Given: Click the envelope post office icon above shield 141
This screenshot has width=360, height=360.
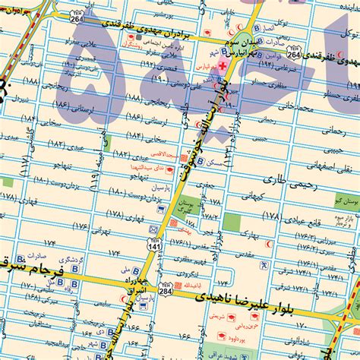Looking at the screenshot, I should tap(154, 229).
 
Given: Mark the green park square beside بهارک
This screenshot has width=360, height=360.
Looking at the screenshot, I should tap(232, 223).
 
